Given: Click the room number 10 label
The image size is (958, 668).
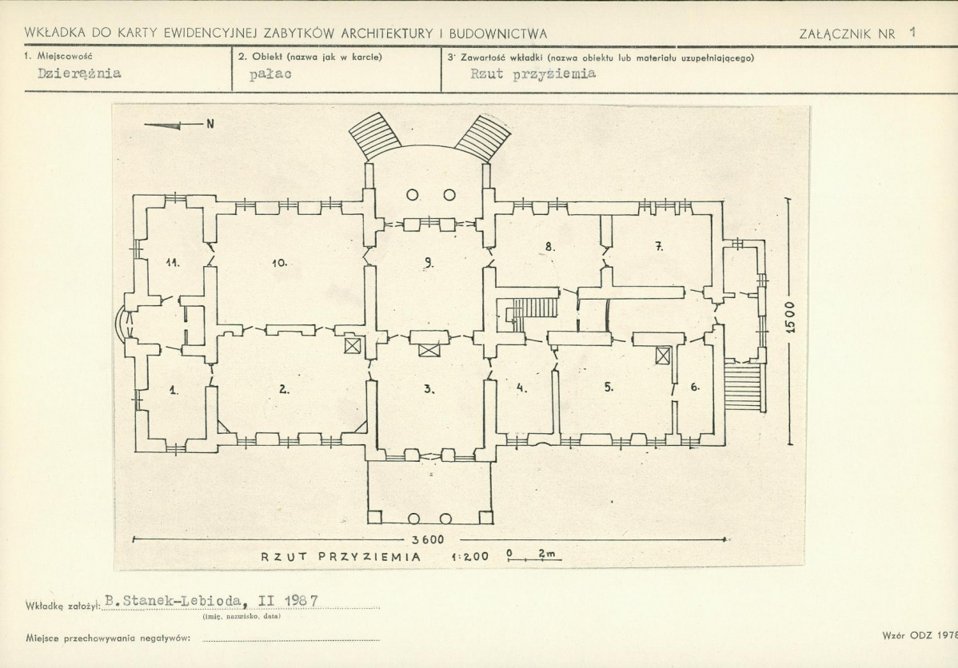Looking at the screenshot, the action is [x=279, y=263].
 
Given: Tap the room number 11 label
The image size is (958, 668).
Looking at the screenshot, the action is [x=173, y=263].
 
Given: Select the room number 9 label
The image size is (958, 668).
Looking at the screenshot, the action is [x=429, y=263].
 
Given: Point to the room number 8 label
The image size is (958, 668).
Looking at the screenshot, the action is [x=550, y=247].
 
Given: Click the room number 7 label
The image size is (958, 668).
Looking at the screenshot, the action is [x=659, y=247].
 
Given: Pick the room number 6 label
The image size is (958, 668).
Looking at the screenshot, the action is [x=695, y=387].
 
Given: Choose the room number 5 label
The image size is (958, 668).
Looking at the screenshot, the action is [x=609, y=387].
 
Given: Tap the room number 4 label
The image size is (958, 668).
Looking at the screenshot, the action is [x=521, y=387].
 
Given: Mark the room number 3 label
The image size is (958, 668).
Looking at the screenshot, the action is [x=429, y=388].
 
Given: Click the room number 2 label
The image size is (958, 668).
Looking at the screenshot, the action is [x=284, y=388].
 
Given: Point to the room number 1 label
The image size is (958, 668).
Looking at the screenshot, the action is [x=174, y=390].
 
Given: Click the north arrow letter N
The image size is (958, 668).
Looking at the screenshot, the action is [x=210, y=124].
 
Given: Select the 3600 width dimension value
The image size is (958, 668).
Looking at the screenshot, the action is [x=428, y=540].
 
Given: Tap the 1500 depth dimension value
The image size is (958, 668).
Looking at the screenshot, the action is [x=791, y=316].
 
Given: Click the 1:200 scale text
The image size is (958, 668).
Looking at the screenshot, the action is [x=470, y=556].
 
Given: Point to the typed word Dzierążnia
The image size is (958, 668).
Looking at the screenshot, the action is [x=79, y=74].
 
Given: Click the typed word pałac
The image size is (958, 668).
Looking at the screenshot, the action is [x=270, y=74].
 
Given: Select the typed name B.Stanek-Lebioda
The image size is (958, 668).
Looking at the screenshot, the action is [x=174, y=601].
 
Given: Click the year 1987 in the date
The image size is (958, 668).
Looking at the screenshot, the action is [x=301, y=600].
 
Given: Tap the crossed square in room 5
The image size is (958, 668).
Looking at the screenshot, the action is [x=662, y=355].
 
